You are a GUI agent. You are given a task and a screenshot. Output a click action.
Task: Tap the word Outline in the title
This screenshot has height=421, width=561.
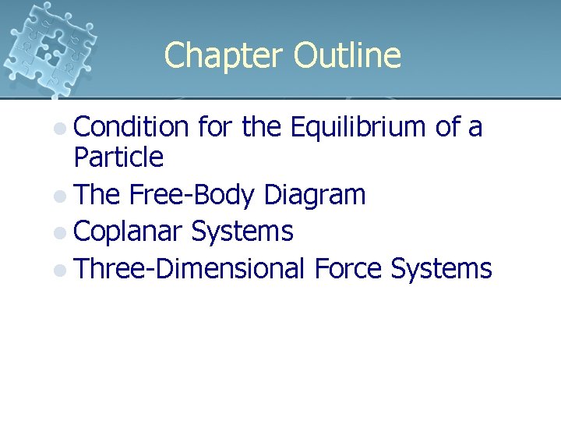[348, 55]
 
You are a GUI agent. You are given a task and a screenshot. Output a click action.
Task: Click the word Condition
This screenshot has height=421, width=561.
[132, 126]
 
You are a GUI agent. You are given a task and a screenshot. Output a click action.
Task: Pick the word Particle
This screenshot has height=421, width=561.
[118, 158]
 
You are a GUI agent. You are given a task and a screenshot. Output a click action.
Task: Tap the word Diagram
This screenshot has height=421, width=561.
[315, 195]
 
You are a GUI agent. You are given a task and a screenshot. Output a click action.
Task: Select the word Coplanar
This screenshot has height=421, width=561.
[129, 232]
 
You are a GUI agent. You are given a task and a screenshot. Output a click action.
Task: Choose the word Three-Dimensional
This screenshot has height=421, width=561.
[190, 269]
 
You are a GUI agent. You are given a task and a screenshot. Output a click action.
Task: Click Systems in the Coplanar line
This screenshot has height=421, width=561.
[242, 232]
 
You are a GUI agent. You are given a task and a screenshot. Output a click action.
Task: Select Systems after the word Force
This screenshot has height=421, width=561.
[441, 269]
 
